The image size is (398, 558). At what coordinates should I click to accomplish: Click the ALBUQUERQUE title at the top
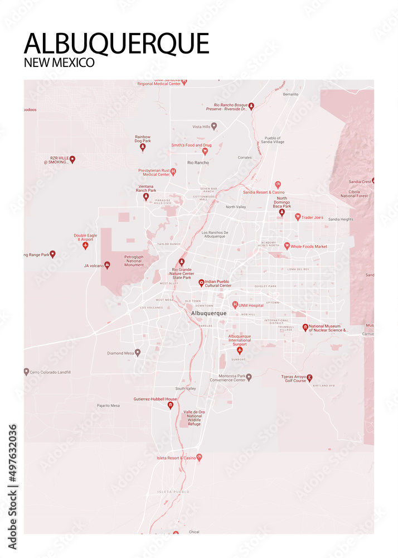click(x=117, y=43)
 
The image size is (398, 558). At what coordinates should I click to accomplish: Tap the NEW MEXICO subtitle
click(x=59, y=62)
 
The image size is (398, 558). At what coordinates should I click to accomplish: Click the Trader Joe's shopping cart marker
click(x=298, y=217)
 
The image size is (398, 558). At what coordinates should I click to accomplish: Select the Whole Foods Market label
click(x=309, y=246)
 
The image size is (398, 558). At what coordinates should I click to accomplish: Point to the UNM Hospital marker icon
click(x=235, y=305)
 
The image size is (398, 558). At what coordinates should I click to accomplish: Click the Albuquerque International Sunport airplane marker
click(x=240, y=350)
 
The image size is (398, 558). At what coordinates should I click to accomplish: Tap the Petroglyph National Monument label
click(x=134, y=261)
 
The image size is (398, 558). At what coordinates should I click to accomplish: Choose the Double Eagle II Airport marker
click(x=85, y=246)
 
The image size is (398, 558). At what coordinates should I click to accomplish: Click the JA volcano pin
click(x=107, y=265)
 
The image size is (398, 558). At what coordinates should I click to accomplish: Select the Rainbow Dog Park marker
click(x=142, y=147)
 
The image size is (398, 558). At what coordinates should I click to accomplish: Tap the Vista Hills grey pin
click(x=213, y=127)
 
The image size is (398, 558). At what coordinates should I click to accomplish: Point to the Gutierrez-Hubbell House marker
click(x=171, y=406)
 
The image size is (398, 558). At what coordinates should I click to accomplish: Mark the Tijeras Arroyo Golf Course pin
click(x=309, y=378)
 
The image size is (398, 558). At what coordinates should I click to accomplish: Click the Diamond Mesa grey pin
click(x=138, y=353)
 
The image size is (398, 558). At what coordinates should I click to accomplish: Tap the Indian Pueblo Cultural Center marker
click(x=201, y=283)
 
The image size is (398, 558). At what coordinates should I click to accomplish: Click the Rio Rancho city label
click(x=198, y=162)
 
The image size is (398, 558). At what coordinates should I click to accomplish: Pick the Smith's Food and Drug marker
click(x=205, y=151)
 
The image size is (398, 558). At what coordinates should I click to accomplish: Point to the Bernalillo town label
click(x=290, y=94)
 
